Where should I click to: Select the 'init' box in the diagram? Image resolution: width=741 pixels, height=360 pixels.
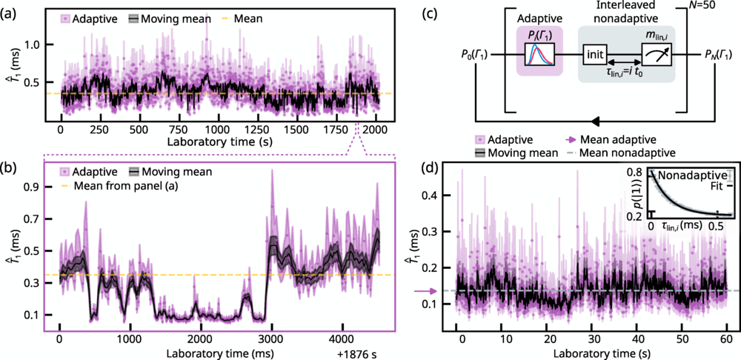click(x=595, y=55)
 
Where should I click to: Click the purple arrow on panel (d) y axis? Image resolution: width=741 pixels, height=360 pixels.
click(x=421, y=290)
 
